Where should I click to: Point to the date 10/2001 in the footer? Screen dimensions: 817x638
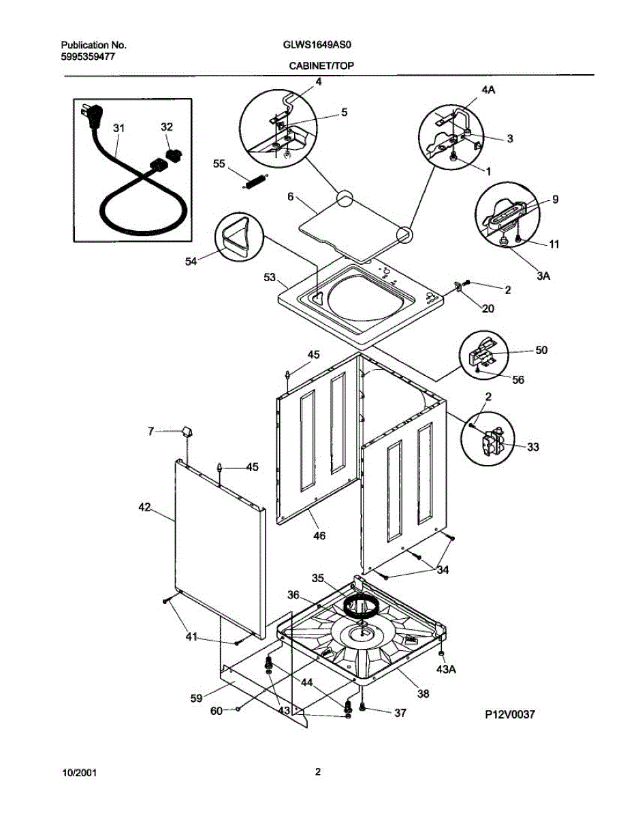(x=79, y=773)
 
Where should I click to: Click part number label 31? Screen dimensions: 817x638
(x=119, y=128)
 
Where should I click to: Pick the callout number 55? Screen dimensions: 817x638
(x=219, y=163)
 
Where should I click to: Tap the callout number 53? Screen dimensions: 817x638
(x=270, y=277)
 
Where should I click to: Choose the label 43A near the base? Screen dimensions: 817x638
(x=446, y=670)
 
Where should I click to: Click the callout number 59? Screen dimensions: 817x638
(x=196, y=698)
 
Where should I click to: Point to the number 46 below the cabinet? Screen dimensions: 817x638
(x=319, y=536)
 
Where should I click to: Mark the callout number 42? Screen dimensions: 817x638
(x=144, y=507)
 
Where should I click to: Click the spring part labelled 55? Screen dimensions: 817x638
(x=256, y=180)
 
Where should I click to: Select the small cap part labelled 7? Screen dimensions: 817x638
(x=187, y=431)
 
